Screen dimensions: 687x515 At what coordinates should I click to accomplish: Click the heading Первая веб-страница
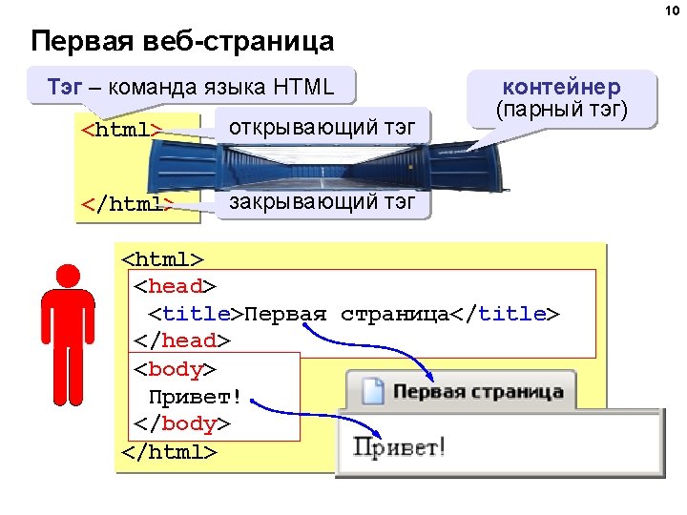click(182, 42)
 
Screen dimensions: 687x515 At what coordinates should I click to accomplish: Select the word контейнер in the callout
click(561, 88)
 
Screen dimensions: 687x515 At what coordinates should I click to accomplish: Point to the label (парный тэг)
click(561, 110)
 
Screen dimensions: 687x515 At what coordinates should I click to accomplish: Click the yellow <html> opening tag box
click(122, 130)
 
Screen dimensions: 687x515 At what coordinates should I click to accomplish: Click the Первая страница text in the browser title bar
click(477, 392)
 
